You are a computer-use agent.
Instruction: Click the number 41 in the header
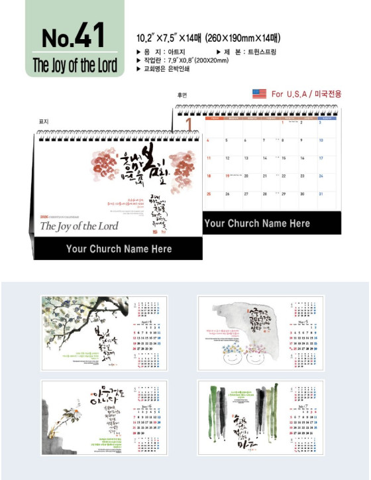pyautogui.click(x=91, y=36)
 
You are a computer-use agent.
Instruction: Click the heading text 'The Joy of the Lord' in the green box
pyautogui.click(x=74, y=66)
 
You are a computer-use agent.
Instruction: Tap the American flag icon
pyautogui.click(x=259, y=94)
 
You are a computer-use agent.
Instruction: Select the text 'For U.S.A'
pyautogui.click(x=290, y=94)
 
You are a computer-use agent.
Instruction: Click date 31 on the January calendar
pyautogui.click(x=321, y=194)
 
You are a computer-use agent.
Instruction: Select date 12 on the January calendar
pyautogui.click(x=227, y=158)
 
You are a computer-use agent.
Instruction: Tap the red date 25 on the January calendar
pyautogui.click(x=208, y=194)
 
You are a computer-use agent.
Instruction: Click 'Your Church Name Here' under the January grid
pyautogui.click(x=257, y=223)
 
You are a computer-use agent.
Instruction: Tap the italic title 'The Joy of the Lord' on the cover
pyautogui.click(x=79, y=226)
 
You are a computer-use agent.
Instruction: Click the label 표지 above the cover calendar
pyautogui.click(x=44, y=121)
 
